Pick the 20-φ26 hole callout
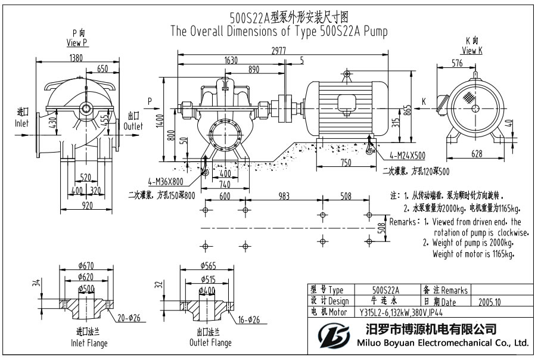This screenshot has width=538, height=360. point(129,317)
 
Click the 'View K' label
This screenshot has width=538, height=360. point(472,51)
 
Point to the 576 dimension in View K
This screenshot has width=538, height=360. point(457,63)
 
